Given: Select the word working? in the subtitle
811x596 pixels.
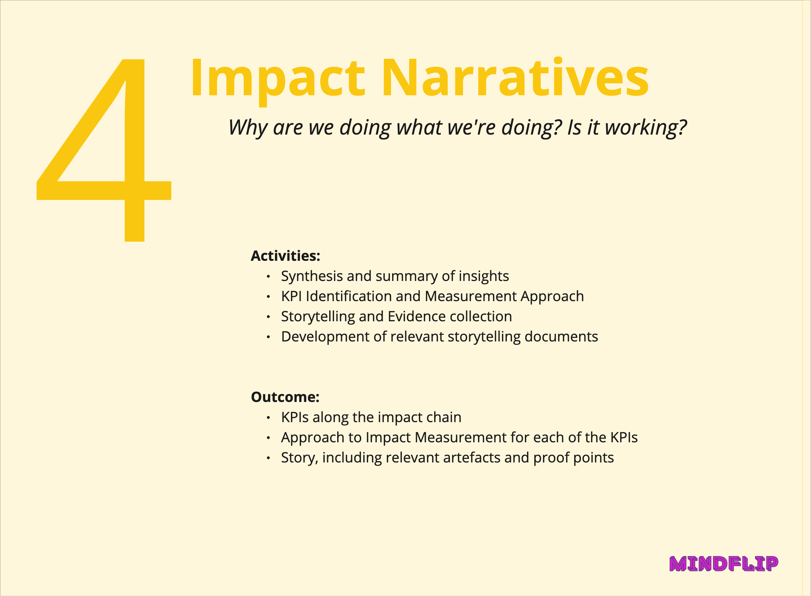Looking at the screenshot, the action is [646, 128].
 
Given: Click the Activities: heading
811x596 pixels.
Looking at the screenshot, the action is [285, 256].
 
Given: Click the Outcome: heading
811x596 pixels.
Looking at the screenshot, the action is [285, 397].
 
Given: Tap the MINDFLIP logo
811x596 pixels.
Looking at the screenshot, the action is [724, 564].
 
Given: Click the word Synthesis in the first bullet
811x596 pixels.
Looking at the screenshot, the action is [312, 277].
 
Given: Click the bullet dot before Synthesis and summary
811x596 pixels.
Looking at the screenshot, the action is [268, 277].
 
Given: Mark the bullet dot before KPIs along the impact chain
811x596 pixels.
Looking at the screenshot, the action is [268, 418].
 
